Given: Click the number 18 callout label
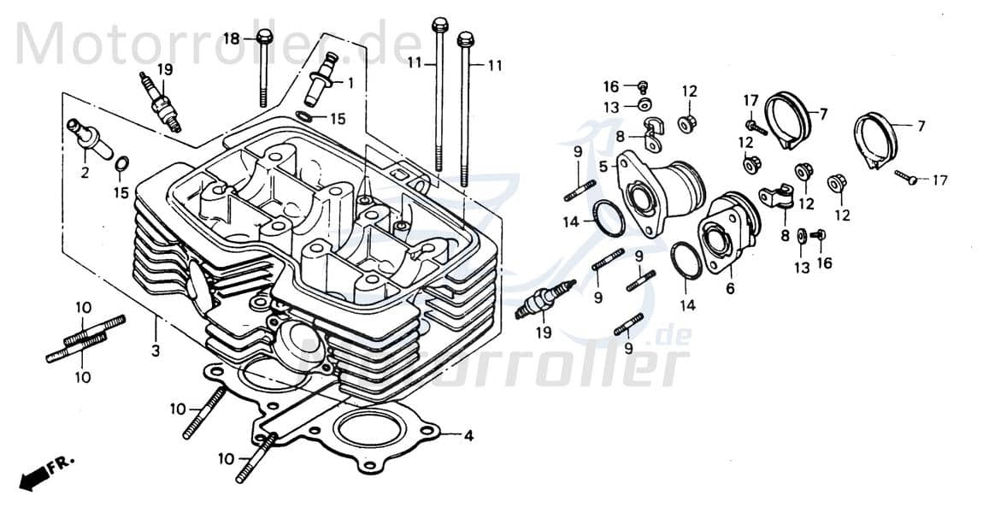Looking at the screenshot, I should [233, 38].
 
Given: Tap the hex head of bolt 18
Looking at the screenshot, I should [263, 38].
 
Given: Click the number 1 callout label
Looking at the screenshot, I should [350, 83].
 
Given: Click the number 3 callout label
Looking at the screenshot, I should [156, 351].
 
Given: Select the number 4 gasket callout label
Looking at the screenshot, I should [468, 435].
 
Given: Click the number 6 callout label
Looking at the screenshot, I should [730, 289].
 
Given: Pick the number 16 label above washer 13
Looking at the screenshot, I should [610, 86].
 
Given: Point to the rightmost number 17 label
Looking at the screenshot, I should [940, 180].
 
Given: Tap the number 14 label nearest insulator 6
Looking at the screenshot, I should [687, 305].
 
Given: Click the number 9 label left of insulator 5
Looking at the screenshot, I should [578, 152].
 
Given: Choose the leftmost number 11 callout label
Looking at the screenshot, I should [415, 64].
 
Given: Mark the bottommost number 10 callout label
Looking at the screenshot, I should [225, 459].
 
